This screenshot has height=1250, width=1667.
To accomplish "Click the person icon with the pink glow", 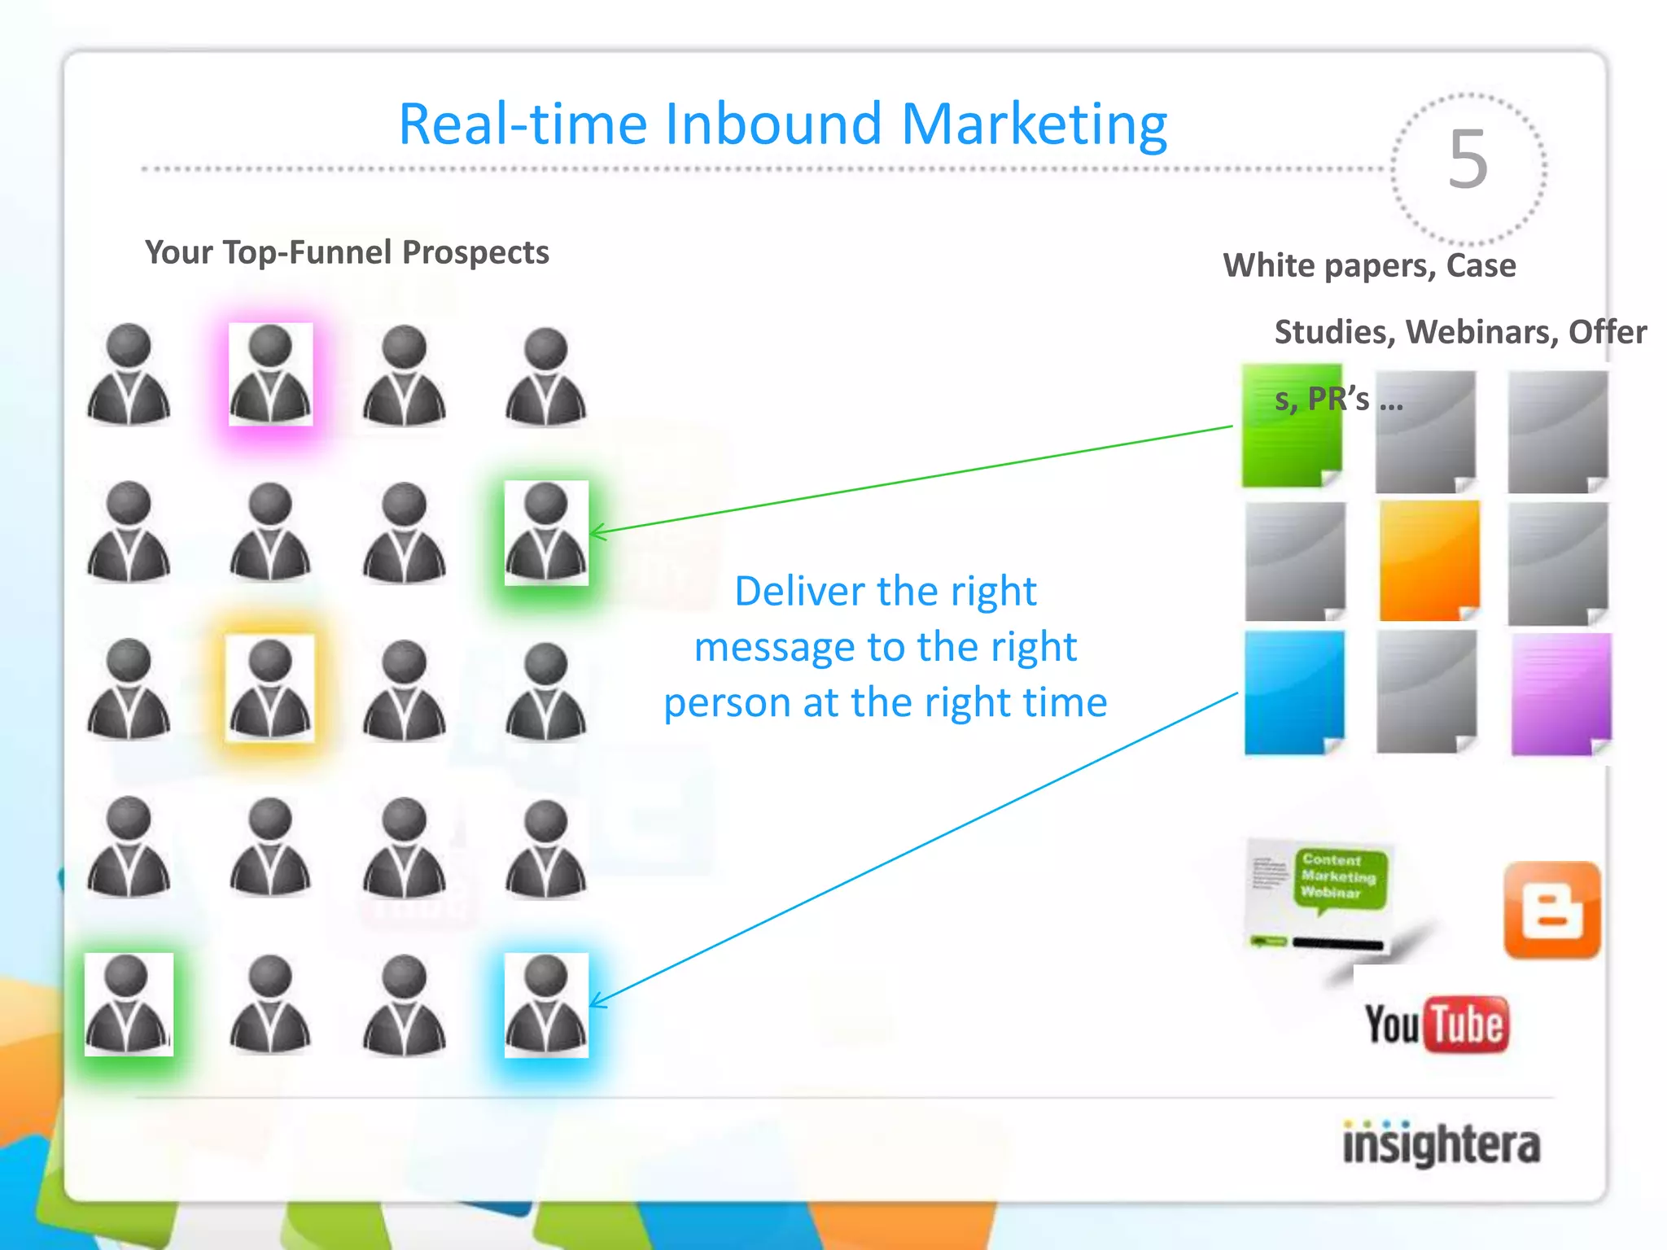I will (x=270, y=374).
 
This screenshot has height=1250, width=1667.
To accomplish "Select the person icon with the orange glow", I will (x=270, y=689).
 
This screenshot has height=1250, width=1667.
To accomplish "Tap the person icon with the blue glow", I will (x=546, y=1005).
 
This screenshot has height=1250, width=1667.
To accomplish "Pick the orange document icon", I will (x=1429, y=561).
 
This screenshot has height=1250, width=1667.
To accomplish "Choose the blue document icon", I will (x=1293, y=693).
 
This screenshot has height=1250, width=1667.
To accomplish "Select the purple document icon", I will (x=1560, y=694).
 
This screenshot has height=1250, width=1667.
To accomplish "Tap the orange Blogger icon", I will (x=1552, y=910).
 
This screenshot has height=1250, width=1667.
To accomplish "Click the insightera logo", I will (x=1441, y=1144).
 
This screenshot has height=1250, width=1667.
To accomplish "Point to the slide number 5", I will (x=1468, y=160).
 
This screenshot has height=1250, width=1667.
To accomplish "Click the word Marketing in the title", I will (x=1034, y=125).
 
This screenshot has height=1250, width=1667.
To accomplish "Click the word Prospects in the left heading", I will (x=475, y=252).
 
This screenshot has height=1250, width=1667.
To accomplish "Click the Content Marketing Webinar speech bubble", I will (x=1338, y=877).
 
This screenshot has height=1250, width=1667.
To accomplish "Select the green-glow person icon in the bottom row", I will (x=129, y=1005).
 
